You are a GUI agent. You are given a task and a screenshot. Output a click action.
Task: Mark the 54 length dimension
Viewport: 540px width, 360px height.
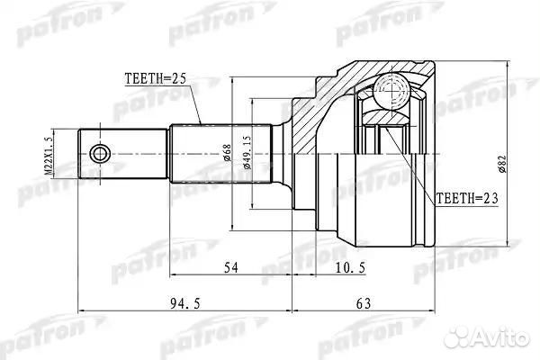pos(230,268)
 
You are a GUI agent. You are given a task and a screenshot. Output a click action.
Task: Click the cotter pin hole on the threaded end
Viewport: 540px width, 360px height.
pos(100,152)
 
